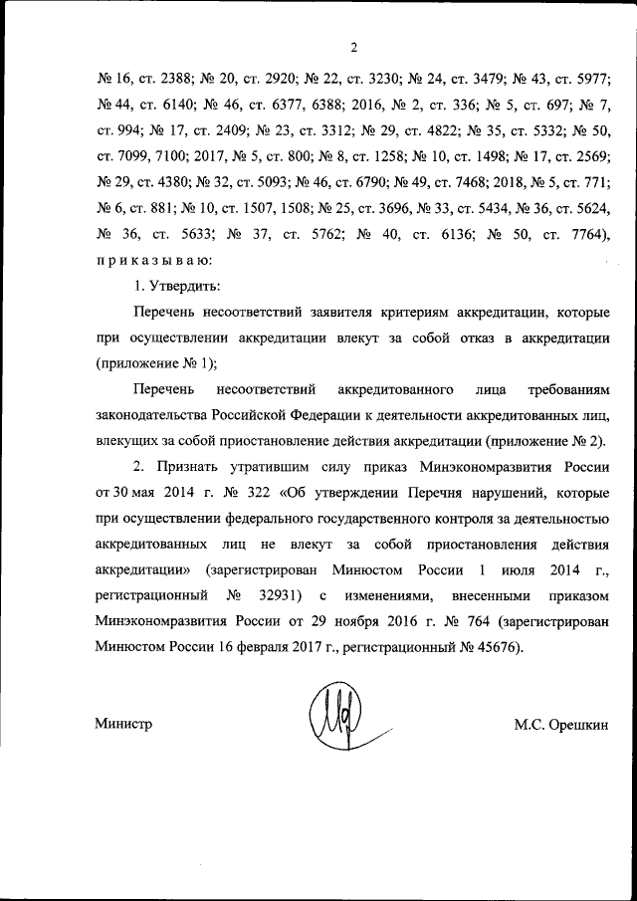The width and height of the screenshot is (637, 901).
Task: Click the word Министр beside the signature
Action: coord(124,724)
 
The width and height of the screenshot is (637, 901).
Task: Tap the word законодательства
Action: coord(153,415)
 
